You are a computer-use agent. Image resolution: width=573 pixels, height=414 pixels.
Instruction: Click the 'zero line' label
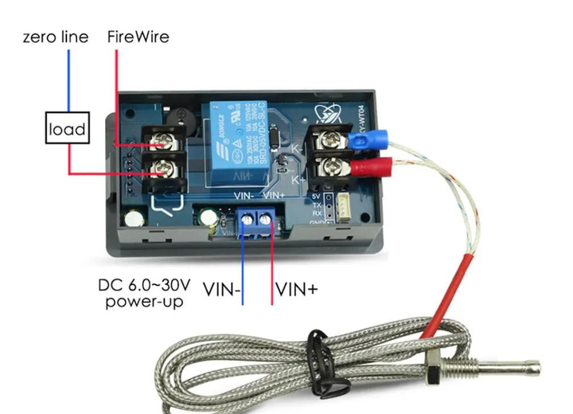[55, 37]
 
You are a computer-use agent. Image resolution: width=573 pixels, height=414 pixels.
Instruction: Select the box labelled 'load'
[67, 129]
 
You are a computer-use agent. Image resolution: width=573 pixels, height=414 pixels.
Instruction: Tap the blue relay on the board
[236, 143]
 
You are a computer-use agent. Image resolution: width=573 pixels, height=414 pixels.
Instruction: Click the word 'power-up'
[143, 302]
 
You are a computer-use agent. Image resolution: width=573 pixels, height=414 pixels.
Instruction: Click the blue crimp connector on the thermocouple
[364, 142]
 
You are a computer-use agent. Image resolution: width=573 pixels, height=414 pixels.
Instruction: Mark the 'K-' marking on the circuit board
[295, 150]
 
